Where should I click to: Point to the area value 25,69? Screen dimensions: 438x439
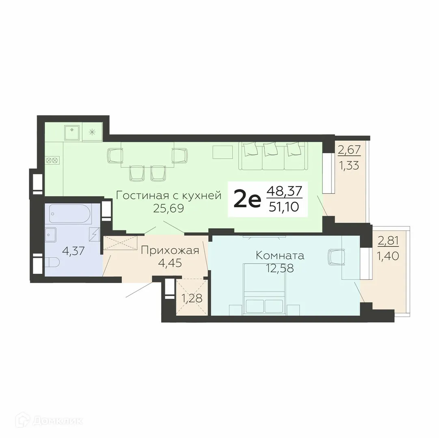[169, 209]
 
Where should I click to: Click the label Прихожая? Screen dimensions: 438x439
[170, 250]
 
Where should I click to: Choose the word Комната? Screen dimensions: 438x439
[280, 255]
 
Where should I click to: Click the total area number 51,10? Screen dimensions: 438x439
[284, 207]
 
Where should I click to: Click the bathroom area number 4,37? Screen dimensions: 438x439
[73, 251]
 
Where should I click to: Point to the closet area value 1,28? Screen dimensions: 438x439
[192, 299]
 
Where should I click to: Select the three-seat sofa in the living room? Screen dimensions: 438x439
[272, 156]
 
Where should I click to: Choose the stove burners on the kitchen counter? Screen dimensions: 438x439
[52, 160]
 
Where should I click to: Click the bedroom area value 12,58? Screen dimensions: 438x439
[280, 268]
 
